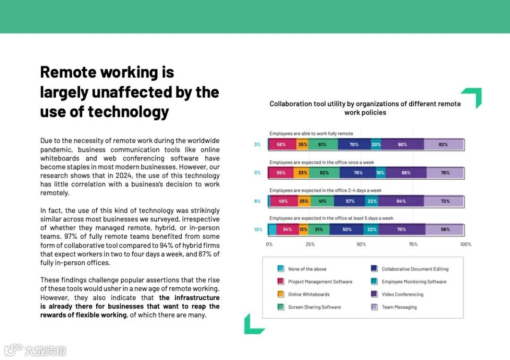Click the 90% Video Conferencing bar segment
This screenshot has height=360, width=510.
[402, 144]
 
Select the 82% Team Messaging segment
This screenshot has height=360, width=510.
[443, 144]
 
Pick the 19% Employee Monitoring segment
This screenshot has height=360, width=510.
[381, 173]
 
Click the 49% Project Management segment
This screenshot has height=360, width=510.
[283, 201]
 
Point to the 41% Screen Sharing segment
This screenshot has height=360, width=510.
[322, 201]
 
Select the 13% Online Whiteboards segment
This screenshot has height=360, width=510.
[303, 230]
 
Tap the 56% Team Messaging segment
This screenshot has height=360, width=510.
[445, 230]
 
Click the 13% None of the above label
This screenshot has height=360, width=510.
[258, 230]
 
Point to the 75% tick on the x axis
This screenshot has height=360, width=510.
[413, 244]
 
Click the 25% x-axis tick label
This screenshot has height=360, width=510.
[310, 244]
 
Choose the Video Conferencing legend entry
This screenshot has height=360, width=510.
[402, 294]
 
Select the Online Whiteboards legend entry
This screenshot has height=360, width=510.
[309, 294]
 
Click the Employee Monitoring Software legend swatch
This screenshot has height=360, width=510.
[374, 282]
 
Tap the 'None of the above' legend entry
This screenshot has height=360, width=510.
[307, 269]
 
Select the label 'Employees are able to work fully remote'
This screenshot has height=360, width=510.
[311, 134]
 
